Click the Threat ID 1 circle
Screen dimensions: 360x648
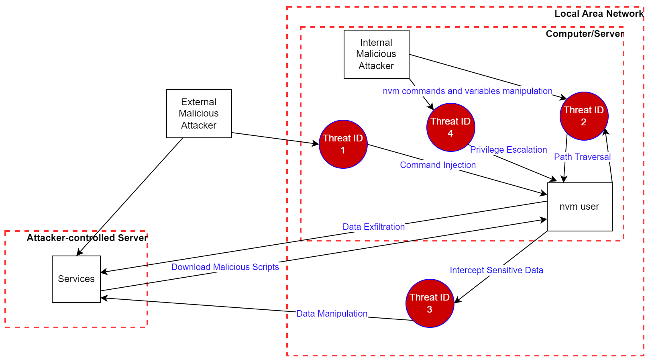point(343,144)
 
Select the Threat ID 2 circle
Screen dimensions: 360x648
point(584,116)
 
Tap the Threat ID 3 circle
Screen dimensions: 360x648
point(430,303)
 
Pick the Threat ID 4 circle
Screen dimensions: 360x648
point(450,127)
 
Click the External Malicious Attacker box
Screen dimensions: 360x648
point(199,114)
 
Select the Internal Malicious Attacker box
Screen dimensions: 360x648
point(376,54)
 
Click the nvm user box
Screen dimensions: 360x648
point(579,207)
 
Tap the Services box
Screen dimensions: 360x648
point(76,279)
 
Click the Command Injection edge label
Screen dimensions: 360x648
point(438,165)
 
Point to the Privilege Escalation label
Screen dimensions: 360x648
point(508,150)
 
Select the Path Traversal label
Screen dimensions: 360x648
point(582,157)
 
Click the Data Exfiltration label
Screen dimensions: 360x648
point(373,227)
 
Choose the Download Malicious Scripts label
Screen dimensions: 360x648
point(225,267)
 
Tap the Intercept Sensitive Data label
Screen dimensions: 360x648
point(496,270)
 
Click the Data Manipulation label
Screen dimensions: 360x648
point(332,314)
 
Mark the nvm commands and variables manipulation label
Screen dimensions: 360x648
point(467,91)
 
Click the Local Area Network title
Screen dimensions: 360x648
point(599,14)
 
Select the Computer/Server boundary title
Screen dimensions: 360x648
point(585,34)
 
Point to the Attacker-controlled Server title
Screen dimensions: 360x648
point(87,238)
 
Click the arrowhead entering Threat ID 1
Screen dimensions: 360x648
point(316,143)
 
